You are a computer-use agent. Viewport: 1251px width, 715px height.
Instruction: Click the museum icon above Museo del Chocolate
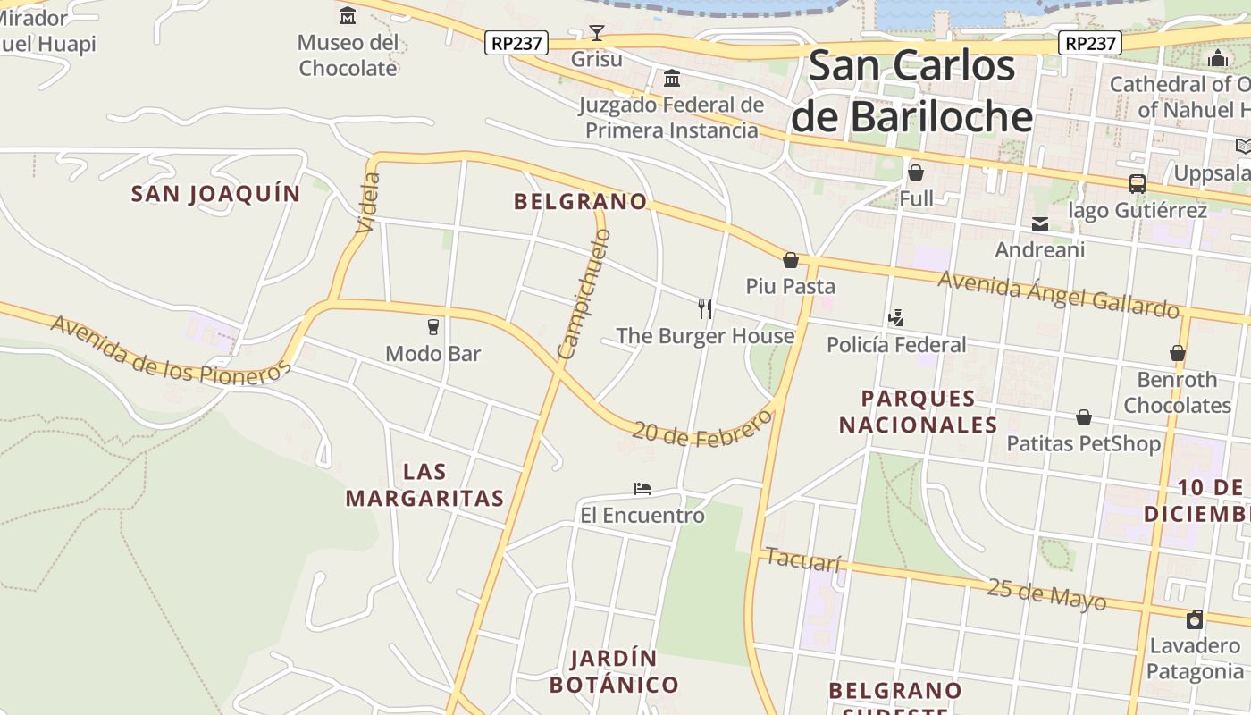[348, 15]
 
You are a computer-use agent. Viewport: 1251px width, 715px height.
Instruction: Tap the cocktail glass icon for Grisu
[597, 33]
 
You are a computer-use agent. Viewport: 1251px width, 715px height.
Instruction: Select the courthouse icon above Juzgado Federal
[672, 79]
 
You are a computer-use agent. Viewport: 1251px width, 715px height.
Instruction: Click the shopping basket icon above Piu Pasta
[790, 260]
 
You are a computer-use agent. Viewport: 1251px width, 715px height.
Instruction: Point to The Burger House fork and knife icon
[705, 309]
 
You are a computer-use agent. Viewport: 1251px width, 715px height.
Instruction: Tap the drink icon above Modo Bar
[433, 327]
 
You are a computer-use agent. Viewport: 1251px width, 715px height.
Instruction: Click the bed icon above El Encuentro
[642, 489]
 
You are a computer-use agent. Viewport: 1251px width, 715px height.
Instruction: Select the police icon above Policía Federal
[895, 318]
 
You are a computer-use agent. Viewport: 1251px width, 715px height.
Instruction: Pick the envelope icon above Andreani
[1040, 223]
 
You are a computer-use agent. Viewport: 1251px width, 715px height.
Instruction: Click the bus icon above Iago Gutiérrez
[1137, 184]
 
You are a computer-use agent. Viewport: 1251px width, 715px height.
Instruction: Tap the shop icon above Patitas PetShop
[1083, 417]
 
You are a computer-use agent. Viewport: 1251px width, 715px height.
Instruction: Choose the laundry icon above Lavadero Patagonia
[1195, 619]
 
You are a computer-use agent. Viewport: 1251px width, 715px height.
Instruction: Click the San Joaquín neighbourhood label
[215, 194]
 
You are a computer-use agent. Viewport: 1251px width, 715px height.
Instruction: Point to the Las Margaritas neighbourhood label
[424, 485]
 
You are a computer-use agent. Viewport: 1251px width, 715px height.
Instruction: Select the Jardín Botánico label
[614, 672]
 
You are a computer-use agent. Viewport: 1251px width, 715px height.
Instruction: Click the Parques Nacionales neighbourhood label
[918, 411]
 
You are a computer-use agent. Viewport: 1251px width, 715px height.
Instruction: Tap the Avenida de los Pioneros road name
[171, 349]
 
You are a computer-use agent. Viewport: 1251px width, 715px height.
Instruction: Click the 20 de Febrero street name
[701, 430]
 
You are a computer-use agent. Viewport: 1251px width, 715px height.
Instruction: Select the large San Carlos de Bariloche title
[912, 91]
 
